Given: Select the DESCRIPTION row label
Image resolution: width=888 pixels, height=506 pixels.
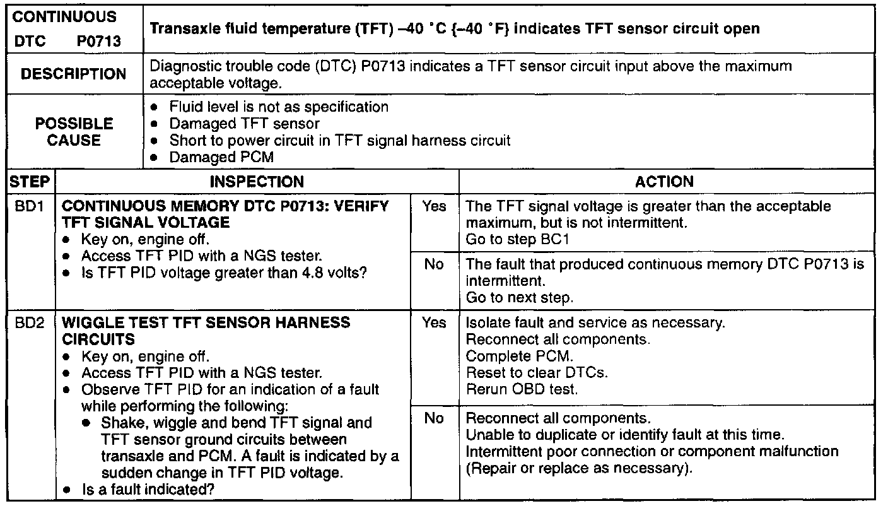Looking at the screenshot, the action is pos(73,74).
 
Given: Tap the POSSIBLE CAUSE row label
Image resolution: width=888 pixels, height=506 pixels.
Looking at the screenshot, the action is pos(74,132).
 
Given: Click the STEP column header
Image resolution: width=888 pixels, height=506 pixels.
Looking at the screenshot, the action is pos(29,182).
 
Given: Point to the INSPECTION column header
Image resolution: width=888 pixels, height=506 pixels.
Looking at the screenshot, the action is pos(257,182).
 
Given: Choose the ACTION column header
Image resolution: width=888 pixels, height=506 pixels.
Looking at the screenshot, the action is pos(664,182).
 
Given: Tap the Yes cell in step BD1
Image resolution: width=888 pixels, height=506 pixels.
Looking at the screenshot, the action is pos(434,206).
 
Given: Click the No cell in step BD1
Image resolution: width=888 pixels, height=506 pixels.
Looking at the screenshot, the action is pos(434,264).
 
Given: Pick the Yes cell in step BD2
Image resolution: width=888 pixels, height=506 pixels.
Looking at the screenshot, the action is pos(434,322).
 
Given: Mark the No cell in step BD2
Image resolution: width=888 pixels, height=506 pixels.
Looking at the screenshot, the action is pos(434,418).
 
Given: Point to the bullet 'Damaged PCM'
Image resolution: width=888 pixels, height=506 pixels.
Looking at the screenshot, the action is pos(221,157).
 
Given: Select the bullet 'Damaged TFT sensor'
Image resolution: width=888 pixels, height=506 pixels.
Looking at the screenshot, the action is pos(244,124).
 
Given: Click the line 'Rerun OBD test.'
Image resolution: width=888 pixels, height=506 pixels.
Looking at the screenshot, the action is pos(521,389).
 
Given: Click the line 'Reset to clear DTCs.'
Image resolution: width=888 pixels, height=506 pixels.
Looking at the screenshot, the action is pos(536,372).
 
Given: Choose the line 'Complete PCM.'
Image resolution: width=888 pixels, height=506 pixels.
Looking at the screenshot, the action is pos(519,356).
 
